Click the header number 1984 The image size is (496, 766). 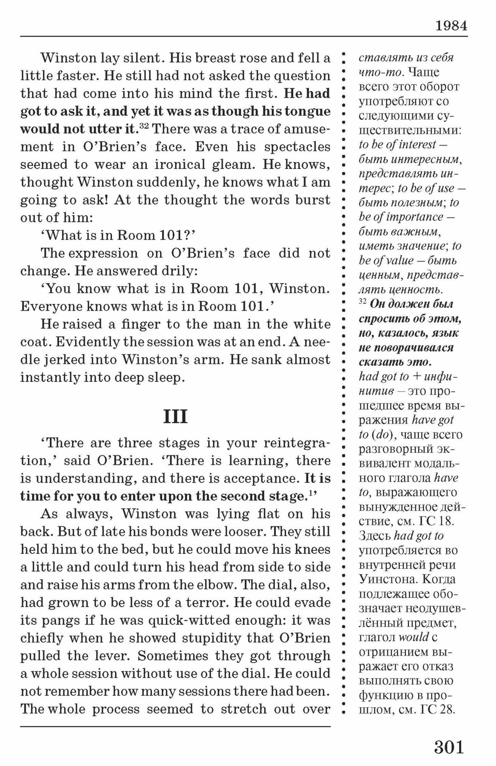click(x=451, y=26)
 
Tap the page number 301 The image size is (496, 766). click(x=449, y=746)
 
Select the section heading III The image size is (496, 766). click(x=175, y=416)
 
